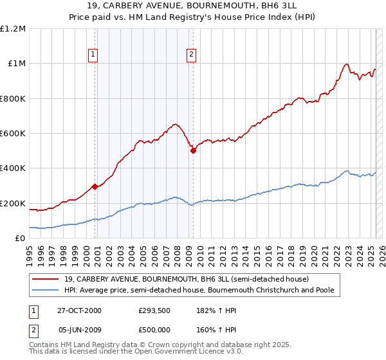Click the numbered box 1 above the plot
pyautogui.click(x=94, y=55)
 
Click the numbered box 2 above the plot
pyautogui.click(x=192, y=55)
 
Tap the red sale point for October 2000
pyautogui.click(x=95, y=186)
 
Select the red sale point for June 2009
pyautogui.click(x=192, y=150)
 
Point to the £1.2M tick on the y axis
pyautogui.click(x=13, y=28)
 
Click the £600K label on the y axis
pyautogui.click(x=13, y=133)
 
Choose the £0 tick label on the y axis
pyautogui.click(x=19, y=239)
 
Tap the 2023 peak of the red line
pyautogui.click(x=346, y=64)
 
